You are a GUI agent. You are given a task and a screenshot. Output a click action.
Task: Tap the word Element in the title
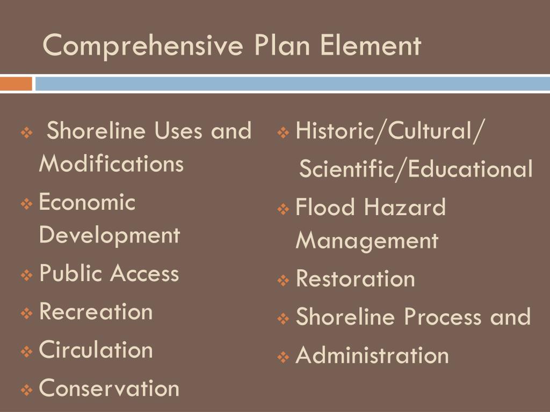point(371,45)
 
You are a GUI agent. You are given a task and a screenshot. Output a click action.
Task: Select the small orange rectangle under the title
point(16,84)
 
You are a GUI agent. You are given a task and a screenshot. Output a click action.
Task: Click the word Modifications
point(111,164)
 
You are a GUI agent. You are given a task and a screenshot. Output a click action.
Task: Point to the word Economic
point(88,203)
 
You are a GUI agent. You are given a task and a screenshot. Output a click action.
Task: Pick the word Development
point(110,234)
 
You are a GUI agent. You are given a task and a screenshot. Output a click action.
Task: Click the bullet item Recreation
point(96,312)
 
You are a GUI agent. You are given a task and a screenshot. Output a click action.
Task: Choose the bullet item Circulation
point(96,350)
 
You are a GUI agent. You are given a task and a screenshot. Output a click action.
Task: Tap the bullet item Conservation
point(110,388)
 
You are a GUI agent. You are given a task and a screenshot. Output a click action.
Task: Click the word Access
point(144,274)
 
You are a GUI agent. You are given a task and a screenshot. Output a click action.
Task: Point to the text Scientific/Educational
point(416,170)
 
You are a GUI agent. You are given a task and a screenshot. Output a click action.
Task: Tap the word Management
point(367,240)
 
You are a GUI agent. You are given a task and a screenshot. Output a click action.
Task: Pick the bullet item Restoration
point(356,279)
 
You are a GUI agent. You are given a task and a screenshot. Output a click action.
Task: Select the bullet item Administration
point(372,355)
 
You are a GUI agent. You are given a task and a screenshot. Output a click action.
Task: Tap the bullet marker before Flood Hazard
point(284,209)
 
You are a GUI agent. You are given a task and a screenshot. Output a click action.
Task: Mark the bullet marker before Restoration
point(284,280)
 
